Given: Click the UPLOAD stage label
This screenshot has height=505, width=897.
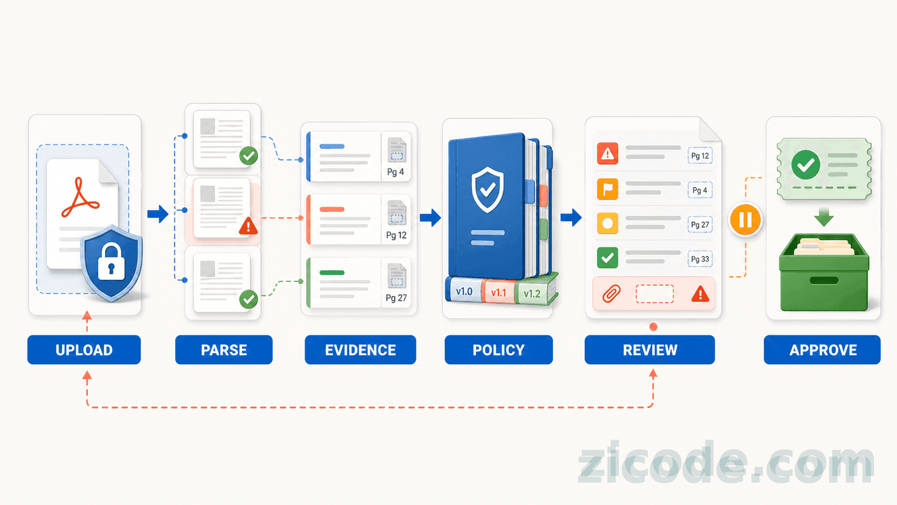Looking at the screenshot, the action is (84, 350).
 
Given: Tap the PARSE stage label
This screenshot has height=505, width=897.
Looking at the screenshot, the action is (224, 350).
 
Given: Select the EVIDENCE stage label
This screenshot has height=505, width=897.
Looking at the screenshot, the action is (360, 350).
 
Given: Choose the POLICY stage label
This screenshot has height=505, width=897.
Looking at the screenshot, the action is (498, 350).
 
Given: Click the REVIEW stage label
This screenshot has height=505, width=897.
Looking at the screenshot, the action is (650, 350).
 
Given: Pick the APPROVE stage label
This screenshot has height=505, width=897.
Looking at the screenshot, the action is (823, 350).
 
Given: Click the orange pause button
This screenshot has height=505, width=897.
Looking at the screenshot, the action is (745, 219).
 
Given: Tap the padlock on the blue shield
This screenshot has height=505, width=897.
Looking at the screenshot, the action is (111, 263).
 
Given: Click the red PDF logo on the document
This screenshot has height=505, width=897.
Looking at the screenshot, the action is (80, 198).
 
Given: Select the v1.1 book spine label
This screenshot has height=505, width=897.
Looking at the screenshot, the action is (498, 293).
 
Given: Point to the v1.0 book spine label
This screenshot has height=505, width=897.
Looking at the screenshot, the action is (465, 291).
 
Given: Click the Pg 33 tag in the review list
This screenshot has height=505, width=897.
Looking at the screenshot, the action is (700, 259).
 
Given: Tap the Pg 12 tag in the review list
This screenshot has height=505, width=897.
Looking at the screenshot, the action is (700, 156).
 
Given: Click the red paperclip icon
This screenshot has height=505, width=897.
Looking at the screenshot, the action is (611, 294).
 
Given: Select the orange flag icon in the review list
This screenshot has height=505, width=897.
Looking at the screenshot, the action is (607, 189).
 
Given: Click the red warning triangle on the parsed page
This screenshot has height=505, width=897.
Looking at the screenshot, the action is (249, 226).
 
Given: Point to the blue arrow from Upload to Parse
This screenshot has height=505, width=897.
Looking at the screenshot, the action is (158, 214).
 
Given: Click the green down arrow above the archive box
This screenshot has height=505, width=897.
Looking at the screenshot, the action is (824, 217).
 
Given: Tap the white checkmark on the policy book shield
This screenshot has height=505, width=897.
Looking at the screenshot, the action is (488, 189).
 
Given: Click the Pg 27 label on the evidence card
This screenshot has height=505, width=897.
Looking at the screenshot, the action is (396, 298).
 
